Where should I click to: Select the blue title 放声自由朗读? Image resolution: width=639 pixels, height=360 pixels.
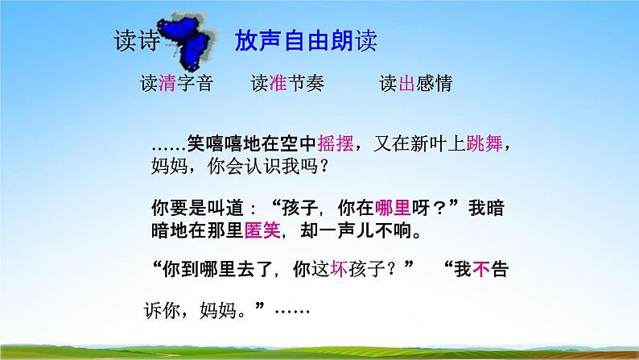(x=305, y=42)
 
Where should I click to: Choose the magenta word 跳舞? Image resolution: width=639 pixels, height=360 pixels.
(x=491, y=143)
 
